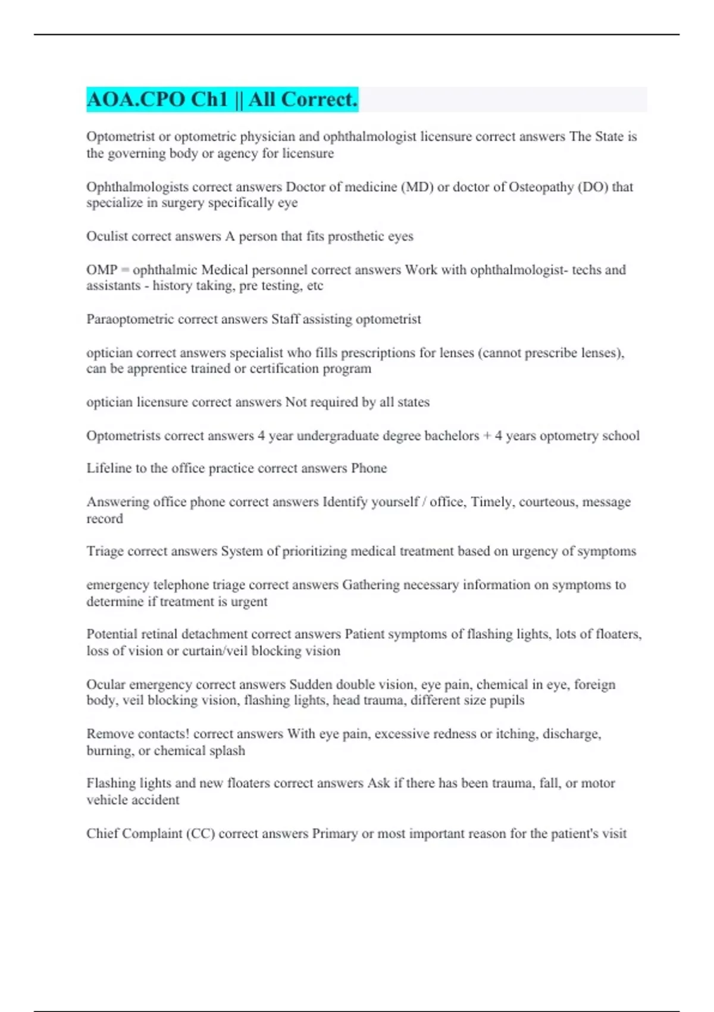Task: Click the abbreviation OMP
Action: tap(102, 270)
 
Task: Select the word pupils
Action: tap(507, 700)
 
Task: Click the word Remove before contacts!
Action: tap(109, 734)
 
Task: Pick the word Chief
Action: tap(102, 833)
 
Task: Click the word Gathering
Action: tap(370, 585)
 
